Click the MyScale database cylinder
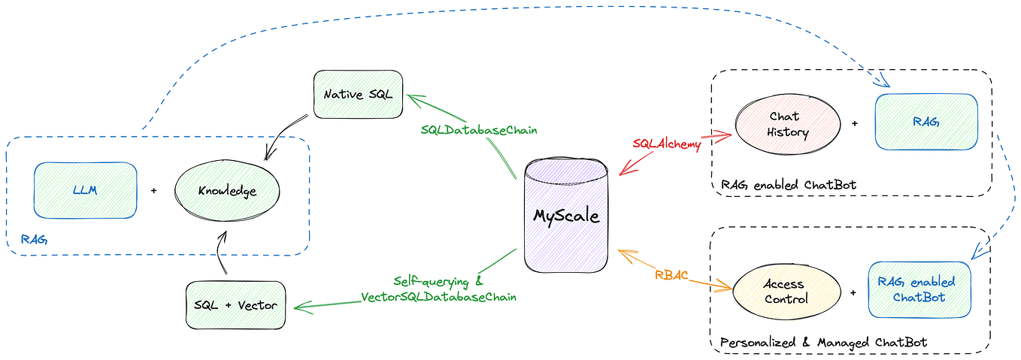[566, 216]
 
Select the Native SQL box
[358, 95]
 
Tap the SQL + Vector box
[235, 305]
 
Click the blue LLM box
[85, 190]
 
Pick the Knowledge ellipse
[227, 191]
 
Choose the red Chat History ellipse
[788, 125]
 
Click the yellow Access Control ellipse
[783, 292]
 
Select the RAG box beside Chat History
[926, 123]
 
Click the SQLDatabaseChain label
[479, 129]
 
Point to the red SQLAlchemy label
[667, 144]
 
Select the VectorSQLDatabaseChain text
[444, 297]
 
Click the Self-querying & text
[438, 282]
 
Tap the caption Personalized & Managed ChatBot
[823, 343]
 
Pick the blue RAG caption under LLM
[34, 240]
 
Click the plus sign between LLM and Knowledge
[153, 191]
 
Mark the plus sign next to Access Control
[853, 292]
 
